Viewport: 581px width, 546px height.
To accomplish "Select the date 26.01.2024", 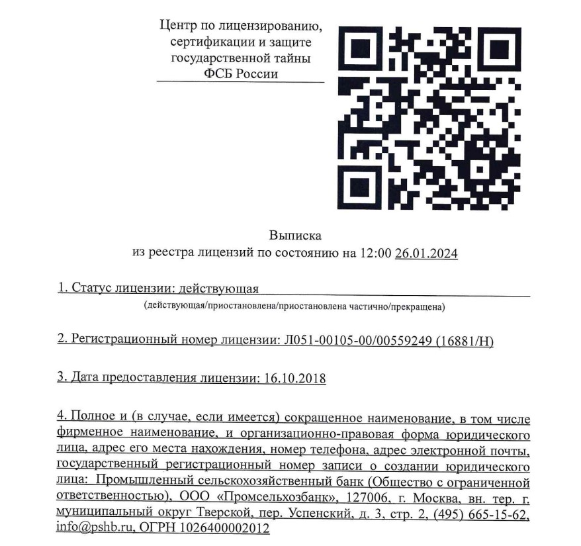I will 426,253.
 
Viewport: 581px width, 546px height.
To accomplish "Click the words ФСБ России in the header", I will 241,73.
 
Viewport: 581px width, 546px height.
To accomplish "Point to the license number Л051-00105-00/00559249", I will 357,340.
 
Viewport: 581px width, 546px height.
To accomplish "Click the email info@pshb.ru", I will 89,529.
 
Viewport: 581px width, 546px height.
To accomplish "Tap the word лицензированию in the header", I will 273,27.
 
